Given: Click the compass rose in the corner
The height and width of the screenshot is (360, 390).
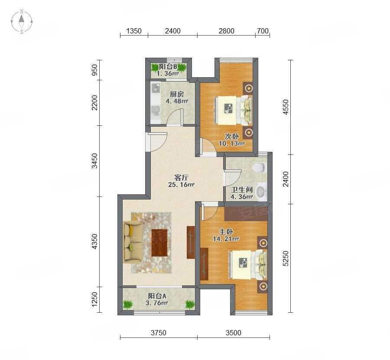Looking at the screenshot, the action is [22, 22].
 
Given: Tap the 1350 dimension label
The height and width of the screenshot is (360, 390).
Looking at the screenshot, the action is [134, 31].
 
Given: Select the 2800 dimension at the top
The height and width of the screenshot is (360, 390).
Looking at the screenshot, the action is [226, 31].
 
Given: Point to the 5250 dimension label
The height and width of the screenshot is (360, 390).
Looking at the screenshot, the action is [286, 259].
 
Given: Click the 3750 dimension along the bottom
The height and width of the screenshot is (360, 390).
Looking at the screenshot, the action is [159, 333].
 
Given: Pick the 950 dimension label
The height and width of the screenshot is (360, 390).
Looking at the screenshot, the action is [94, 70].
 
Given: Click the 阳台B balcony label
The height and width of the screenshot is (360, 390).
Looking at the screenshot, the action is [168, 67].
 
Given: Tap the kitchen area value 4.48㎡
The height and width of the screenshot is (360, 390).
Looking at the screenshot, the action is [177, 101].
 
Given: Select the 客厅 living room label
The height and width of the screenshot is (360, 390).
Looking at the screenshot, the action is [181, 178].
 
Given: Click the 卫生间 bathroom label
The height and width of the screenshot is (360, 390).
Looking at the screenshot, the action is [242, 190].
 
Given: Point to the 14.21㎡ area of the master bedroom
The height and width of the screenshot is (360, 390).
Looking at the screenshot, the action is [226, 239].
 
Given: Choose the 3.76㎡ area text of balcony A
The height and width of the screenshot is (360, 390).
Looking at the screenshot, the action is [157, 303].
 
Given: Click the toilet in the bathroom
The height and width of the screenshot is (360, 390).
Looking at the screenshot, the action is [259, 167].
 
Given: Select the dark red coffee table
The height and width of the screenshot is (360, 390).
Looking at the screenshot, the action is [159, 242].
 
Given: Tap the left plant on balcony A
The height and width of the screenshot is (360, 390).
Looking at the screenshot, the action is [127, 304].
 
